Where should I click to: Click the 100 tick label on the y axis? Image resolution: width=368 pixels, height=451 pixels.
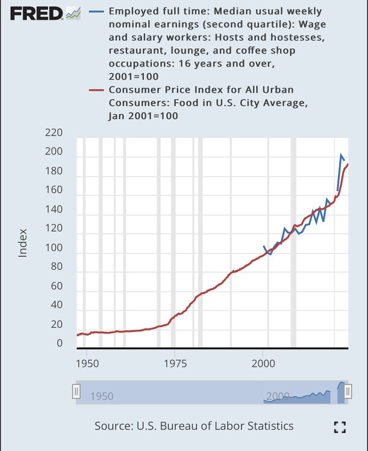coord(54,248)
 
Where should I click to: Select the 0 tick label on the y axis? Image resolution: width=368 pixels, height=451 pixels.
coord(59,343)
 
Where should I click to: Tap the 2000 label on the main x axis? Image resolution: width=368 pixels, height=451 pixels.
coord(263,364)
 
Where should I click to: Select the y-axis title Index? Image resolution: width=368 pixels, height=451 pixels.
coord(23,242)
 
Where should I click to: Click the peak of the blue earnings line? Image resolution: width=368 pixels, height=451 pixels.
coord(341,155)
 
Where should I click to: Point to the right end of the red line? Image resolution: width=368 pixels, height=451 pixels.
coord(348,164)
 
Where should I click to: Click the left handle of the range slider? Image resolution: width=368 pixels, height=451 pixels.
coord(76,392)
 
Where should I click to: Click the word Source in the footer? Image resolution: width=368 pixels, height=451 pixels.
coord(111,426)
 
